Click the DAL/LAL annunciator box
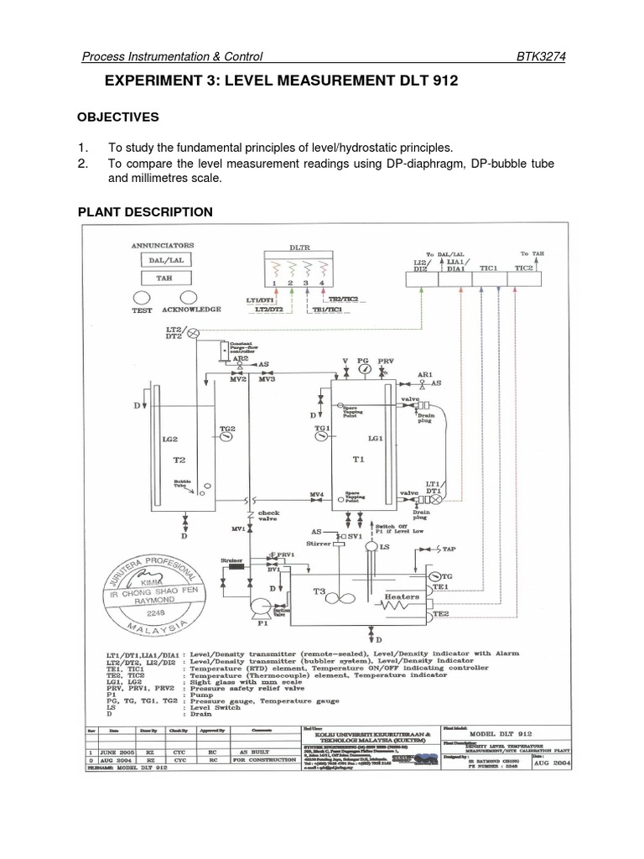coord(168,261)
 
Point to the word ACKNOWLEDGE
coord(192,310)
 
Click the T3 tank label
coord(320,591)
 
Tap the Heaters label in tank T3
coord(401,596)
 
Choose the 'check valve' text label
coord(269,516)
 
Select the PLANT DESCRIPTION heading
coord(145,211)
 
